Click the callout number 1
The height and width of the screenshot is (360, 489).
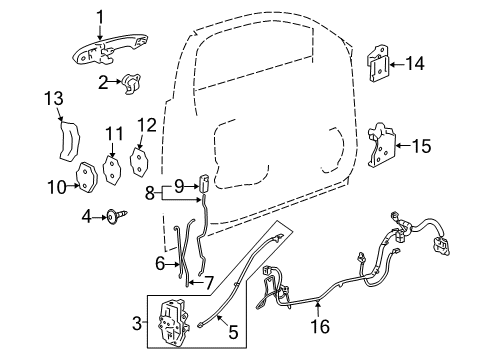pos(100,14)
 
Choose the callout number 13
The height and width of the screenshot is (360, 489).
pos(53,97)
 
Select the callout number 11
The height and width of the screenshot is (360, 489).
pos(115,131)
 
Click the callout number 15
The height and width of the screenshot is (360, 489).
pos(423,146)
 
